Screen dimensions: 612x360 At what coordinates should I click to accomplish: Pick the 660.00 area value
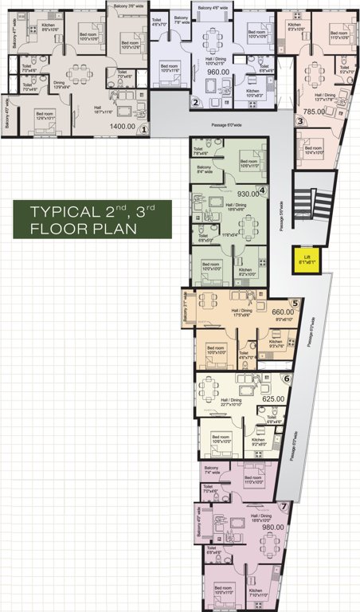pos(284,312)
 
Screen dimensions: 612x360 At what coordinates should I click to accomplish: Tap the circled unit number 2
pos(196,101)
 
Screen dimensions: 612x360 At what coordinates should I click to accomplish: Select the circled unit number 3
pos(299,121)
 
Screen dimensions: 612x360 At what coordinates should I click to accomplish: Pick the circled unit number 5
pos(294,303)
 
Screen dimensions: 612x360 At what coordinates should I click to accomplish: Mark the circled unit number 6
pos(286,379)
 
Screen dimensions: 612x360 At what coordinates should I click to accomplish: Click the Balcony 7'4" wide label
pos(211,471)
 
